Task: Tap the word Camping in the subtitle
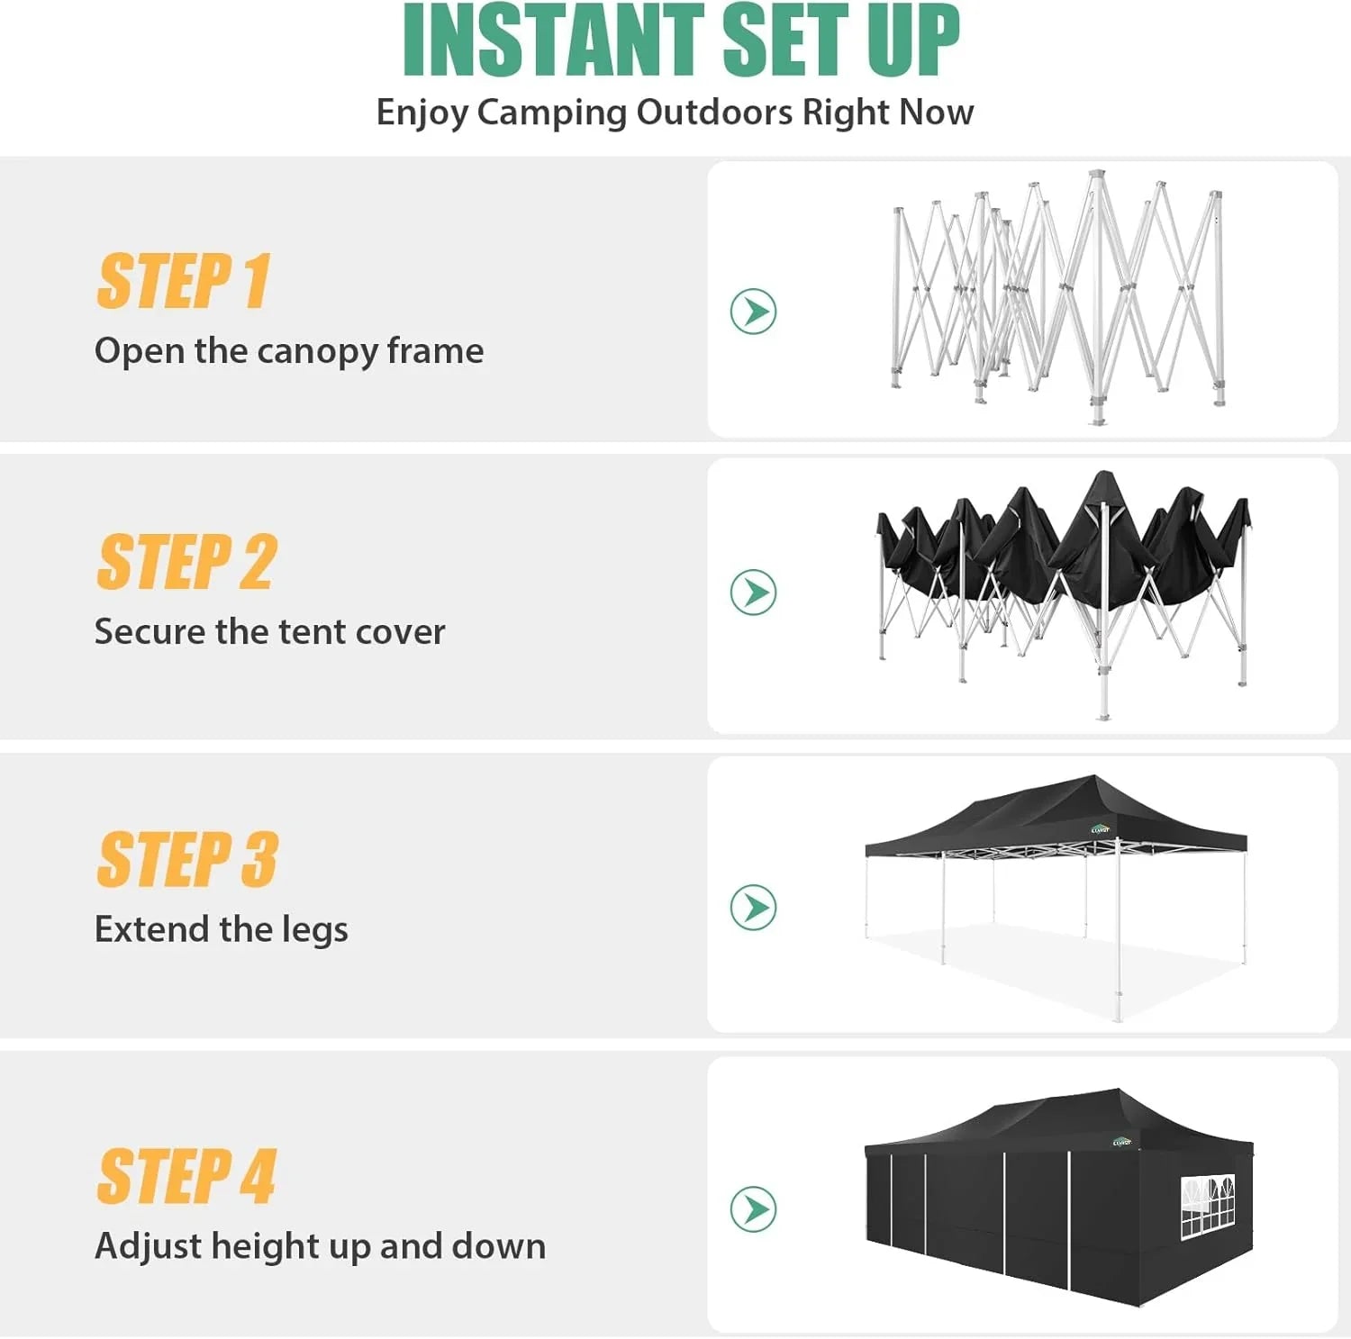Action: coord(553,113)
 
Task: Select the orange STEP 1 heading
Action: coord(184,282)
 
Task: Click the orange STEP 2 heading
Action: coord(186,563)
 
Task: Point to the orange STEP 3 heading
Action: coord(187,860)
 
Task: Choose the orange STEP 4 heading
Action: coord(186,1177)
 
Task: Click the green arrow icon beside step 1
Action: coord(753,312)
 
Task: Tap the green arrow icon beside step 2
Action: coord(753,593)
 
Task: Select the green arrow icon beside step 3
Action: coord(753,907)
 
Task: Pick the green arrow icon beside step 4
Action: coord(753,1209)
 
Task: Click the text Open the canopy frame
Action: coord(289,351)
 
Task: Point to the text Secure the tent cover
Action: coord(269,632)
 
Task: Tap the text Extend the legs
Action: coord(221,929)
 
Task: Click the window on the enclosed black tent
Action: coord(1207,1205)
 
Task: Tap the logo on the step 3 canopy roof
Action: coord(1100,829)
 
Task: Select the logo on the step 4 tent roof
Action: coord(1121,1142)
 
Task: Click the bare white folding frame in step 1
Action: coord(1058,297)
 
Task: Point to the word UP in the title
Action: coord(913,41)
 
